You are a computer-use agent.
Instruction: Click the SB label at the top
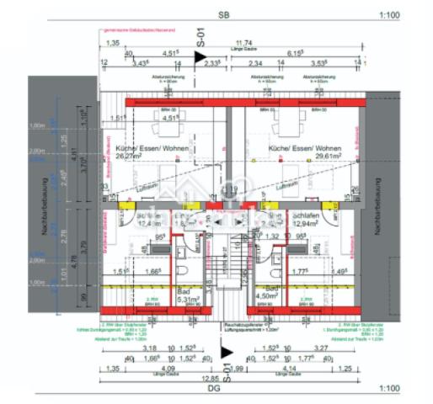(x=222, y=14)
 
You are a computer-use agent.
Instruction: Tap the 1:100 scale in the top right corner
(x=389, y=15)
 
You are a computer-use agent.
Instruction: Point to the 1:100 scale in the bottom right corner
(x=389, y=390)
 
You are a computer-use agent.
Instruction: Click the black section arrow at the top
(x=200, y=56)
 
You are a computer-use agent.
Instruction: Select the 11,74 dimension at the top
(x=243, y=41)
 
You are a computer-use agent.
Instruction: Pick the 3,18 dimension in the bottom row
(x=150, y=348)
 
